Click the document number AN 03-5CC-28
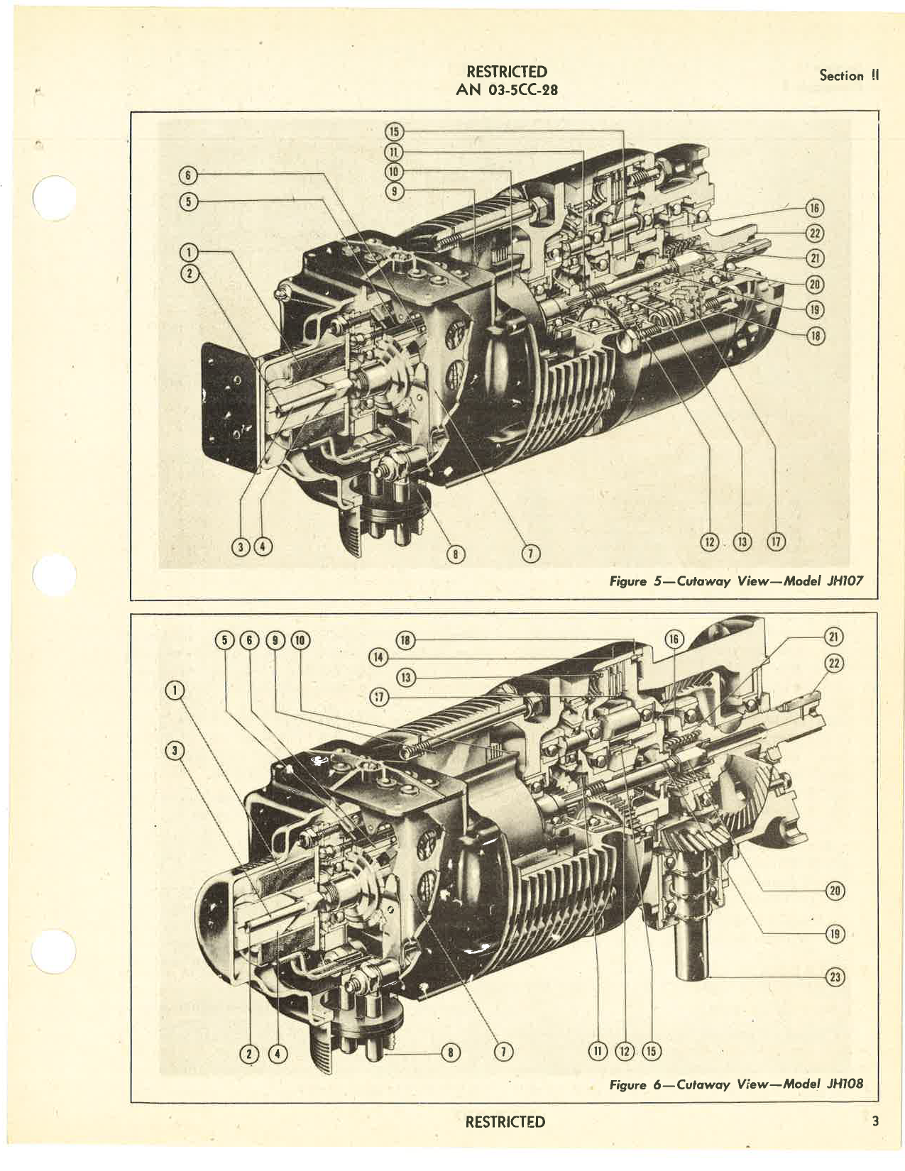506,90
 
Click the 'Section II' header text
848,76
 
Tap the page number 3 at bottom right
875,1121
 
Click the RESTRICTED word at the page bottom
505,1122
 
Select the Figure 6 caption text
736,1084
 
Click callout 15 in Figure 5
394,131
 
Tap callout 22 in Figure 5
815,233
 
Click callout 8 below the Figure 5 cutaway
451,554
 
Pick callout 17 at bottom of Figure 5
775,543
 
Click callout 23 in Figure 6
835,977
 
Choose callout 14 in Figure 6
379,658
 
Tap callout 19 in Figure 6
835,933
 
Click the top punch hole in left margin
55,197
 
